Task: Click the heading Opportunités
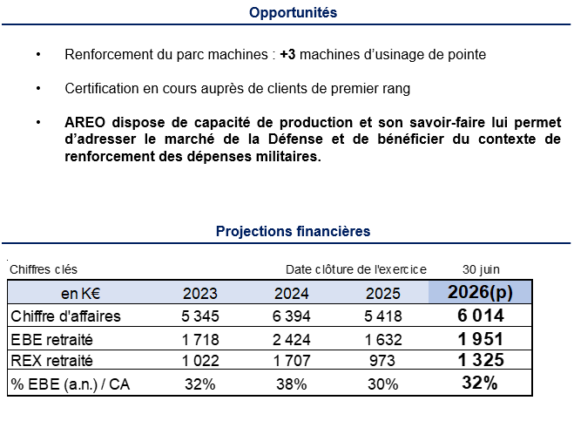click(x=293, y=12)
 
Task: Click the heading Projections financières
click(x=293, y=231)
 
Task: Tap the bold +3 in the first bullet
click(x=288, y=54)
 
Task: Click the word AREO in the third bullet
click(x=85, y=121)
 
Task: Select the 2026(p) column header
click(x=481, y=293)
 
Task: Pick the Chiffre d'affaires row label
click(x=65, y=316)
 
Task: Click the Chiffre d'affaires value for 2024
click(x=292, y=316)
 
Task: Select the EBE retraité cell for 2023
click(x=201, y=338)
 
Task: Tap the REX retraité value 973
click(x=382, y=360)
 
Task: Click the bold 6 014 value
click(x=481, y=316)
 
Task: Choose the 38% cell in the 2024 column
click(x=292, y=383)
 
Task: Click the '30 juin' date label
click(x=481, y=269)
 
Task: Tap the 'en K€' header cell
click(x=80, y=294)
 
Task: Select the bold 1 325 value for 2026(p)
click(x=481, y=360)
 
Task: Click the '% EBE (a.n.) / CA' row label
click(x=63, y=383)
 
